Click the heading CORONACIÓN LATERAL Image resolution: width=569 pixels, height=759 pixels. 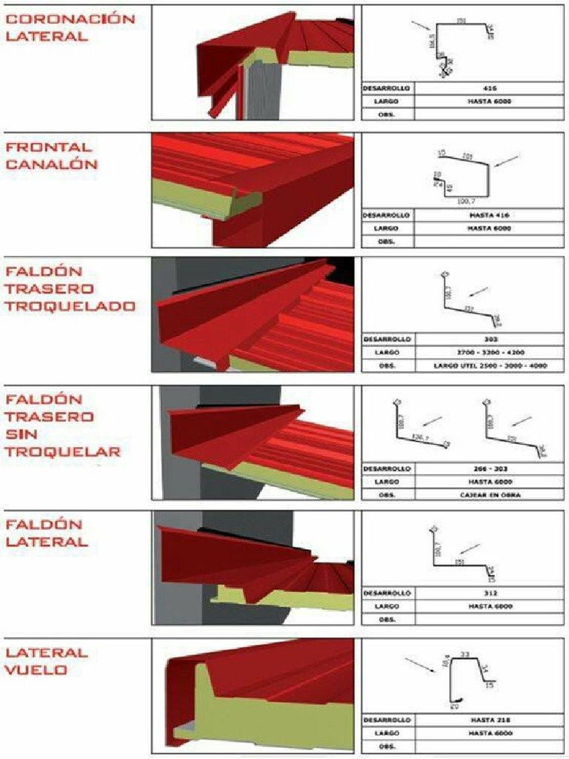[x=70, y=27]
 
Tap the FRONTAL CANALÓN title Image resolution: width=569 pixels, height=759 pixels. [x=51, y=156]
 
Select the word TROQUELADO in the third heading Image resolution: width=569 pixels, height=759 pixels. [x=70, y=305]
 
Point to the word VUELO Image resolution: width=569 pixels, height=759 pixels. [x=37, y=670]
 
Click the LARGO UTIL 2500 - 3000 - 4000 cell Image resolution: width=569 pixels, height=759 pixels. [x=489, y=365]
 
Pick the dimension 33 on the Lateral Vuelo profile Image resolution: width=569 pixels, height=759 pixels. [x=465, y=654]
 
